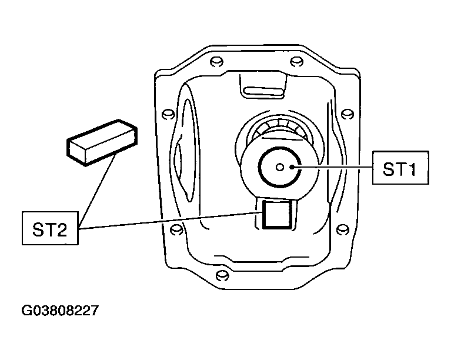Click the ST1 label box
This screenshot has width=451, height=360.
click(400, 168)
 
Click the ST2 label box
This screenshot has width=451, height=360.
click(50, 228)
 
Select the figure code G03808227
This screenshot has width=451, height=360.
click(60, 311)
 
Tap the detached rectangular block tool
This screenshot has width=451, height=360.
click(102, 142)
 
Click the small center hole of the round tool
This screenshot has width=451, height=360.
click(279, 167)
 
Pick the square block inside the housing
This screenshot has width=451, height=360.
click(278, 215)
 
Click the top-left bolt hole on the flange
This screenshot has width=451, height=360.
click(216, 62)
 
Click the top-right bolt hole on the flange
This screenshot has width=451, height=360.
click(296, 62)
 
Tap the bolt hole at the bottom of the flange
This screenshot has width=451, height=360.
click(222, 276)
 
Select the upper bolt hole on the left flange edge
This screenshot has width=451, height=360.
click(168, 114)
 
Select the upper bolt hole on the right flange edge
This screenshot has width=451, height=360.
click(348, 114)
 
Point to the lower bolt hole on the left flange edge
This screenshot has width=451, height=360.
click(176, 229)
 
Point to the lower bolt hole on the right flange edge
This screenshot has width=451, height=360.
click(343, 229)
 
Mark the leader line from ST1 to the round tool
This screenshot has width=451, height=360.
click(332, 167)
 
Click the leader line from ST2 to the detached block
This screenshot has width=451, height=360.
click(97, 191)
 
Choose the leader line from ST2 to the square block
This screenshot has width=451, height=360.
click(171, 221)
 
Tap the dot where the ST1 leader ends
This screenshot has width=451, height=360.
click(292, 167)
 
